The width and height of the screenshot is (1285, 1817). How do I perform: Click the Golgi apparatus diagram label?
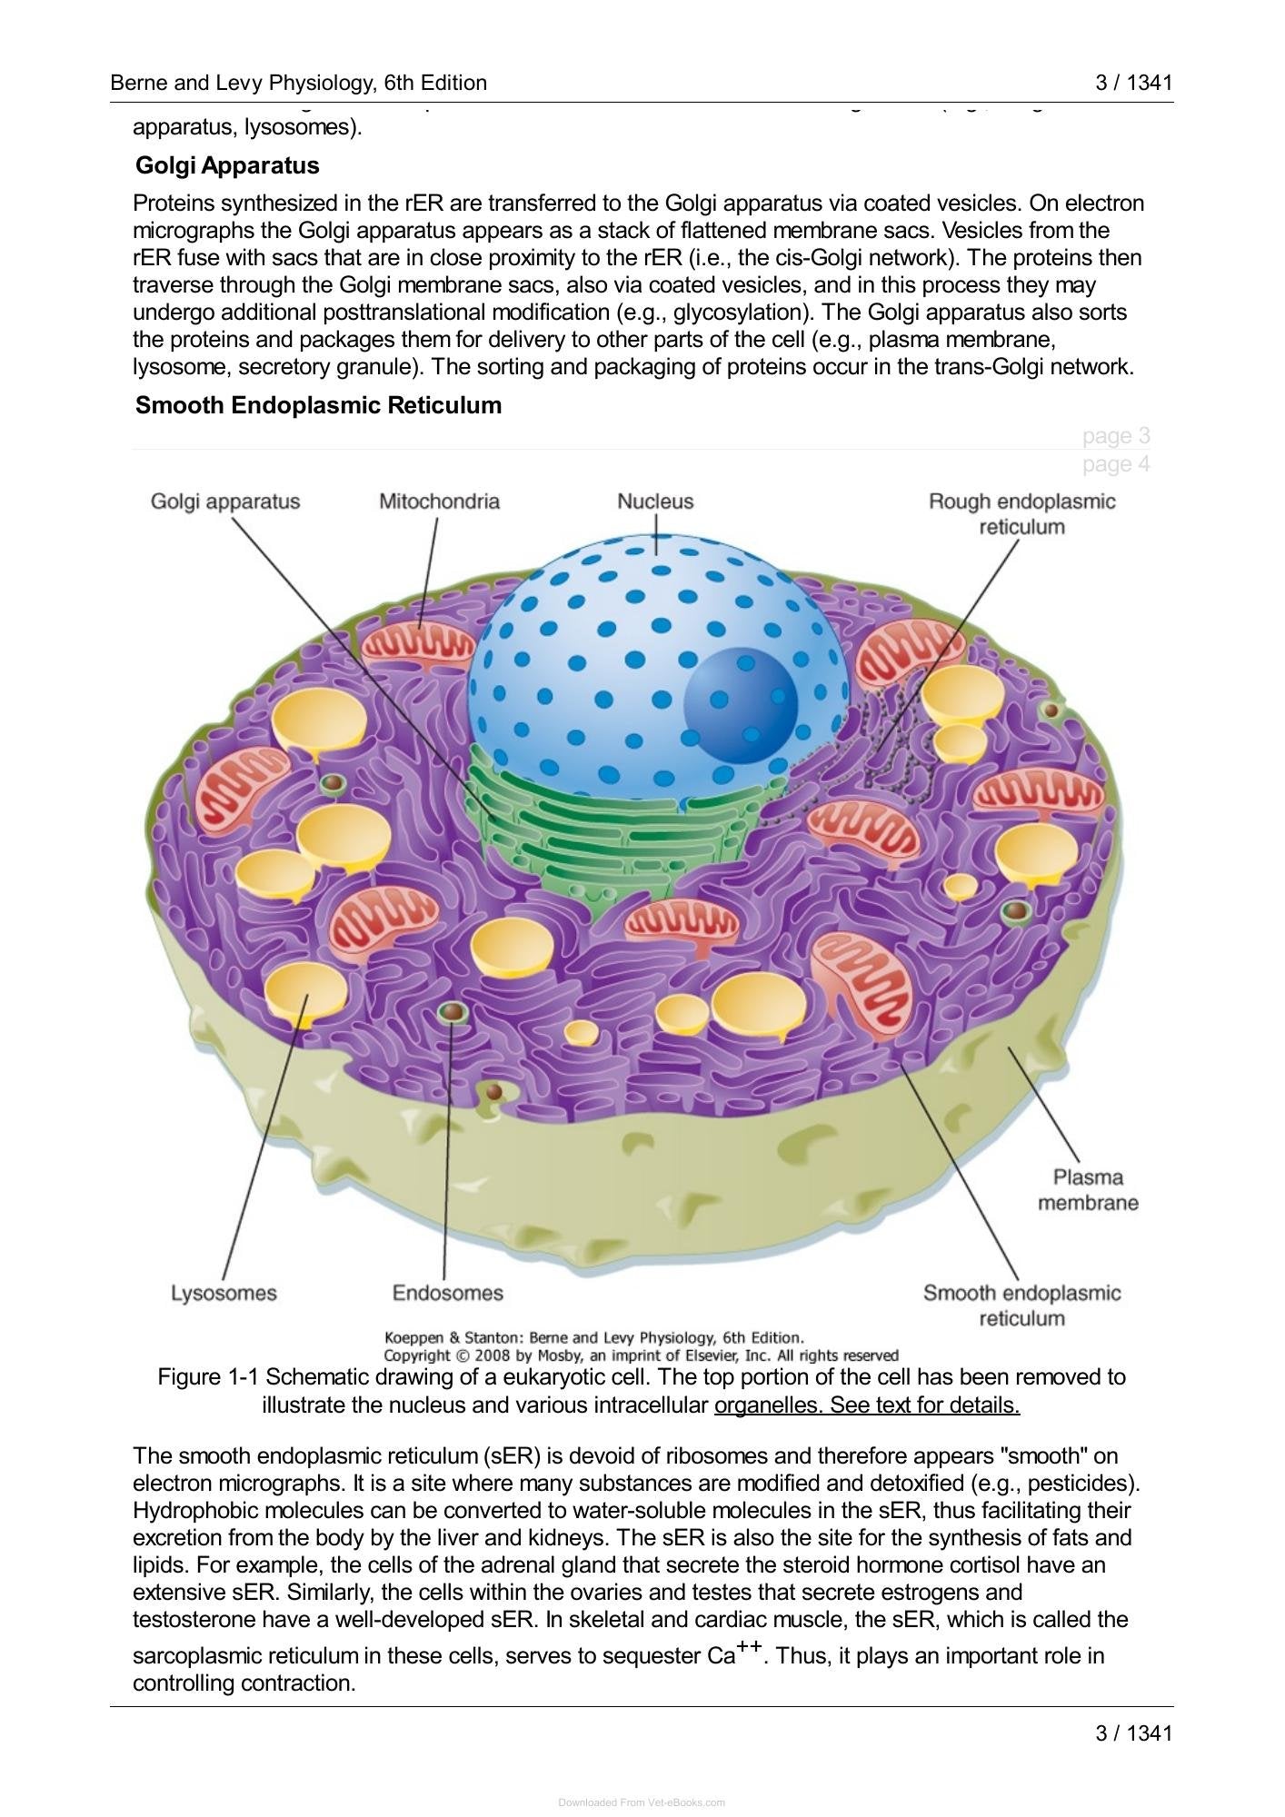coord(225,501)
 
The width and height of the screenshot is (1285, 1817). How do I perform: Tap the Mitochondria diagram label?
coord(439,501)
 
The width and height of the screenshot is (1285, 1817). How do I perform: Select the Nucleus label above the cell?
coord(655,501)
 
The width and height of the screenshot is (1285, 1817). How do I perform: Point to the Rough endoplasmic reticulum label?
coord(1021,514)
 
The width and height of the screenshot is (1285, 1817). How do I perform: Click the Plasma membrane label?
coord(1088,1190)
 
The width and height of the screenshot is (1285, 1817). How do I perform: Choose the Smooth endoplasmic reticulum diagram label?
coord(1021,1306)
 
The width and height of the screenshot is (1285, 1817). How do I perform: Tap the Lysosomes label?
coord(224,1293)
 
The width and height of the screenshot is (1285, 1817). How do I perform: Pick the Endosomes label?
coord(447,1293)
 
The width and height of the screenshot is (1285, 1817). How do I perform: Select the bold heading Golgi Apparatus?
coord(227,165)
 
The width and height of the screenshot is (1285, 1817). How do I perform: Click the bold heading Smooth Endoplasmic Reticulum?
coord(318,405)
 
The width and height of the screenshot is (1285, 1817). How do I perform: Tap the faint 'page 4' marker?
coord(1116,464)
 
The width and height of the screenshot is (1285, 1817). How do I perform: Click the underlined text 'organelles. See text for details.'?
coord(867,1405)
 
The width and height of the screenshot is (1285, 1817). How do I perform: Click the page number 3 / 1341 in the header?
coord(1133,83)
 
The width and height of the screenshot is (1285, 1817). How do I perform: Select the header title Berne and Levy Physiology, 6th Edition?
coord(298,84)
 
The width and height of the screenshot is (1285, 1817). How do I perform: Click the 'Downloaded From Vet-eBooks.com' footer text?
coord(642,1802)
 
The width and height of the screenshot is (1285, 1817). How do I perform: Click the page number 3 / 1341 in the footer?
coord(1133,1733)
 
